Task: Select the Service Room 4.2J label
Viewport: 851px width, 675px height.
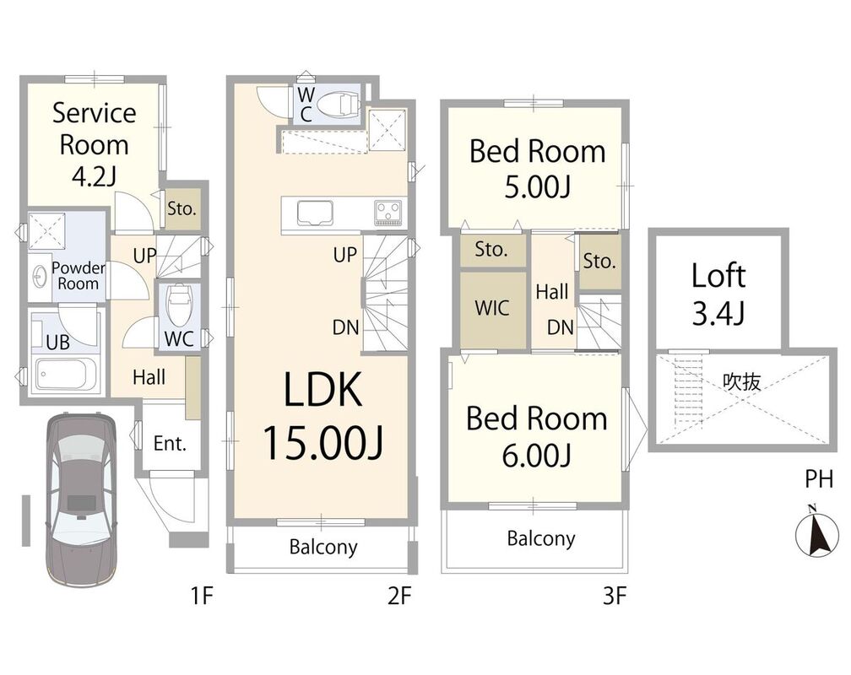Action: pos(94,144)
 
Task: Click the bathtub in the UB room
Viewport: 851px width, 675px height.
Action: pos(66,373)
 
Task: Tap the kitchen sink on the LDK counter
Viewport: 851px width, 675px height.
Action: pos(315,213)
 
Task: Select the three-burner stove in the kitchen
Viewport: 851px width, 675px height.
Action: pos(388,212)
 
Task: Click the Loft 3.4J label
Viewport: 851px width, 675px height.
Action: pos(718,294)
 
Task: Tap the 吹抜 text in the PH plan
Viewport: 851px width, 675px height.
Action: pos(741,382)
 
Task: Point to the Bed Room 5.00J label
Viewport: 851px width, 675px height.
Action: pos(537,169)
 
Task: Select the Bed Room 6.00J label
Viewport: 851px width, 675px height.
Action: pos(536,436)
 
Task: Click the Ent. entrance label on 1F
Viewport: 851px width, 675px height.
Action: pos(170,443)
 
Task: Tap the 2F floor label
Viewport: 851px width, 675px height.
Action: pos(399,597)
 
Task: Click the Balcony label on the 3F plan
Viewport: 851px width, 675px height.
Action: pos(541,538)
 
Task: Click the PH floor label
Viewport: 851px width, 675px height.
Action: pos(818,479)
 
